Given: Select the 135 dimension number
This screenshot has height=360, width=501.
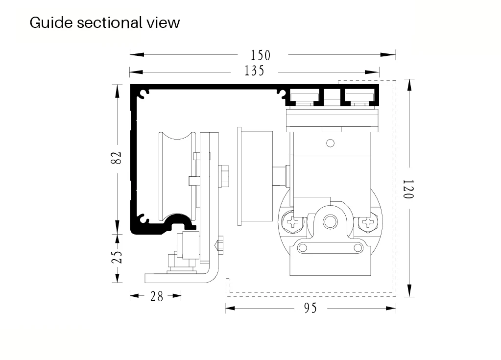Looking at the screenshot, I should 255,71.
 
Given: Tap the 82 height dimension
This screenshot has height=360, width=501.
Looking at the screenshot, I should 116,158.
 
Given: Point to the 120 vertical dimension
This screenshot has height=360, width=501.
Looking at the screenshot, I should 408,189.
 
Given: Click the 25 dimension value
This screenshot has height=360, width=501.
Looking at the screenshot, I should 117,257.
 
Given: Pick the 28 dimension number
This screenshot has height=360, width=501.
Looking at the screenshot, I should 157,296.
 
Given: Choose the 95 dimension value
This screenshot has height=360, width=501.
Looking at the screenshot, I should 310,308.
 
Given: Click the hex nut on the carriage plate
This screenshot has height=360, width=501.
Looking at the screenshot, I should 225,175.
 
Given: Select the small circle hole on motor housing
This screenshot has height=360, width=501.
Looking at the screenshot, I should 330,143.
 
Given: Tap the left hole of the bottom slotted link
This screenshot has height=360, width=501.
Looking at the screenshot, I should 303,248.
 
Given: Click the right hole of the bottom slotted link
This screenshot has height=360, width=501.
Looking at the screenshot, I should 356,248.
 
